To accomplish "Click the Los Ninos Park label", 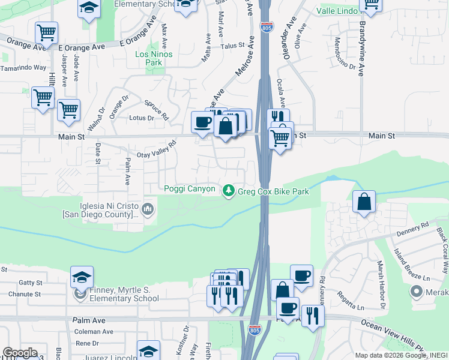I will [154, 58].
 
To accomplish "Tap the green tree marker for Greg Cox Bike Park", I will [228, 191].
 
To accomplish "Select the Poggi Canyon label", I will [190, 189].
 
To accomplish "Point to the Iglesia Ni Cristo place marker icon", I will [148, 209].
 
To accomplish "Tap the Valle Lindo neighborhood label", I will [337, 11].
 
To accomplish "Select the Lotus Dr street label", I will [142, 118].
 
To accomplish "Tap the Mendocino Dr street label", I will [345, 53].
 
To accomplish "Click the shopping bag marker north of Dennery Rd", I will [364, 202].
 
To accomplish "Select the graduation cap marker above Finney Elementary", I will [82, 277].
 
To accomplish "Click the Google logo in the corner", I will [20, 353].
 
